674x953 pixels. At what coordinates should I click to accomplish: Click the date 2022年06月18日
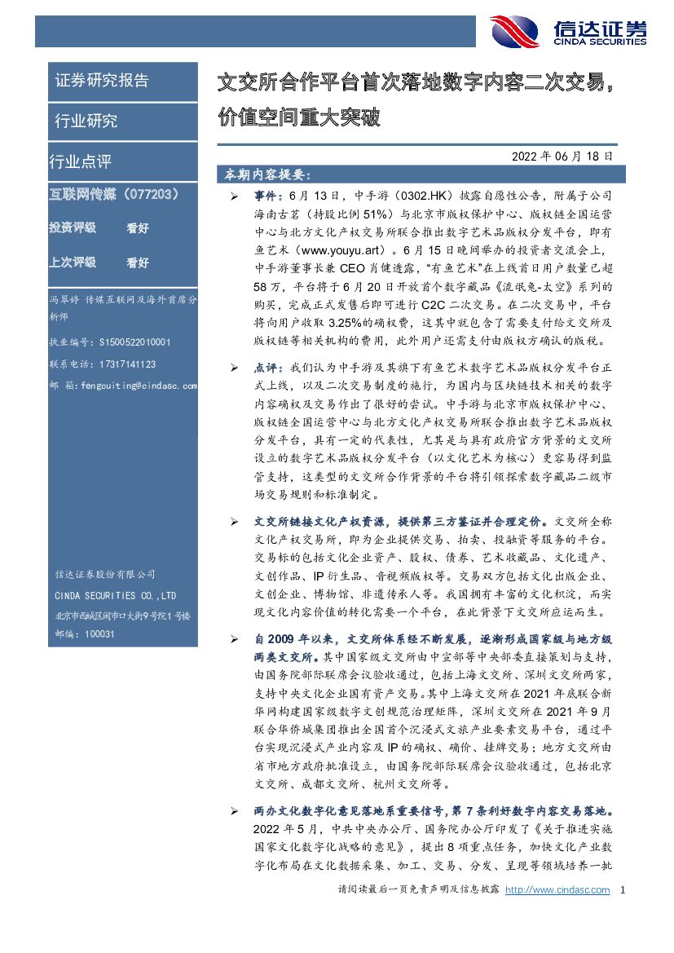coord(562,156)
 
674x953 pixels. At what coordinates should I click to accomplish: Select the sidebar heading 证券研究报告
coord(102,81)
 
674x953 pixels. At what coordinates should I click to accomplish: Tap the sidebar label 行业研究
coord(86,121)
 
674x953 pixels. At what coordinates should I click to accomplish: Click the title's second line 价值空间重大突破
coord(299,118)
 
